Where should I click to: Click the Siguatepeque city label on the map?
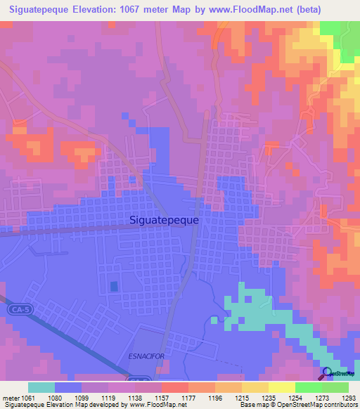[165, 219]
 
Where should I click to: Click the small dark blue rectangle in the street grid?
[114, 286]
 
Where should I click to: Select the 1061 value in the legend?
[21, 397]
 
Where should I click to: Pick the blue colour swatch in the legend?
[68, 387]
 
